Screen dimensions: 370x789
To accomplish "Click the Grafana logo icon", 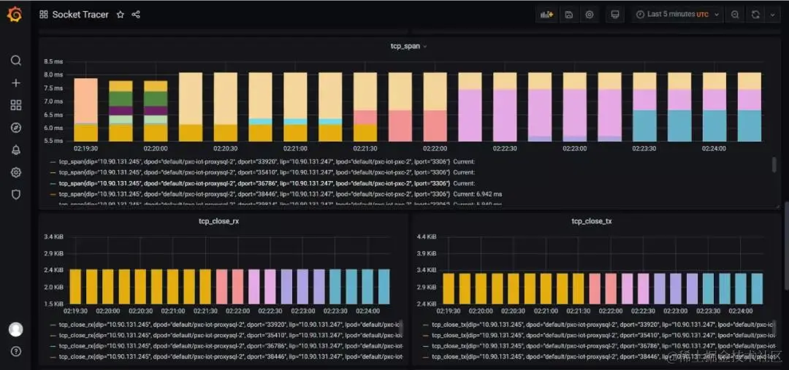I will click(15, 15).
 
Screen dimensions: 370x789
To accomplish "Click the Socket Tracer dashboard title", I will click(80, 15).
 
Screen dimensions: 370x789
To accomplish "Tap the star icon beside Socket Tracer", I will click(121, 15).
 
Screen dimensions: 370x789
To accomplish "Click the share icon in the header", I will click(136, 15).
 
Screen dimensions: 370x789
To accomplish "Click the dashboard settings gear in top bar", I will click(590, 15).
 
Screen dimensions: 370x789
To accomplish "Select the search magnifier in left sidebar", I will click(15, 61).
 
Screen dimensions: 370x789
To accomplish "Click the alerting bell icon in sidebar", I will click(15, 150).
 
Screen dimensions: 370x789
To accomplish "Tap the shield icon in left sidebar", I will click(15, 195).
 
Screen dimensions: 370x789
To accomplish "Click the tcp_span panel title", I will click(405, 46).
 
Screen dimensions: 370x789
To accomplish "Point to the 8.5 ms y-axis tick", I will click(53, 61).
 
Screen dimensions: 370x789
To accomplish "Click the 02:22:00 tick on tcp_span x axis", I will click(435, 147).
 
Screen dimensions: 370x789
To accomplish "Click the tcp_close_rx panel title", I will click(218, 221).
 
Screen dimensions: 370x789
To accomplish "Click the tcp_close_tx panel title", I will click(592, 221).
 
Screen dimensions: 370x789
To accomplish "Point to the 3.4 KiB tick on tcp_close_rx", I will click(53, 236).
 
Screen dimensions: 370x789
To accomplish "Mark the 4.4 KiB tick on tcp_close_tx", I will click(427, 236).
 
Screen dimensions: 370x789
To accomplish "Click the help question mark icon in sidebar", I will click(15, 351).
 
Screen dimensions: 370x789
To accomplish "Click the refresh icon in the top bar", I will click(755, 15).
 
